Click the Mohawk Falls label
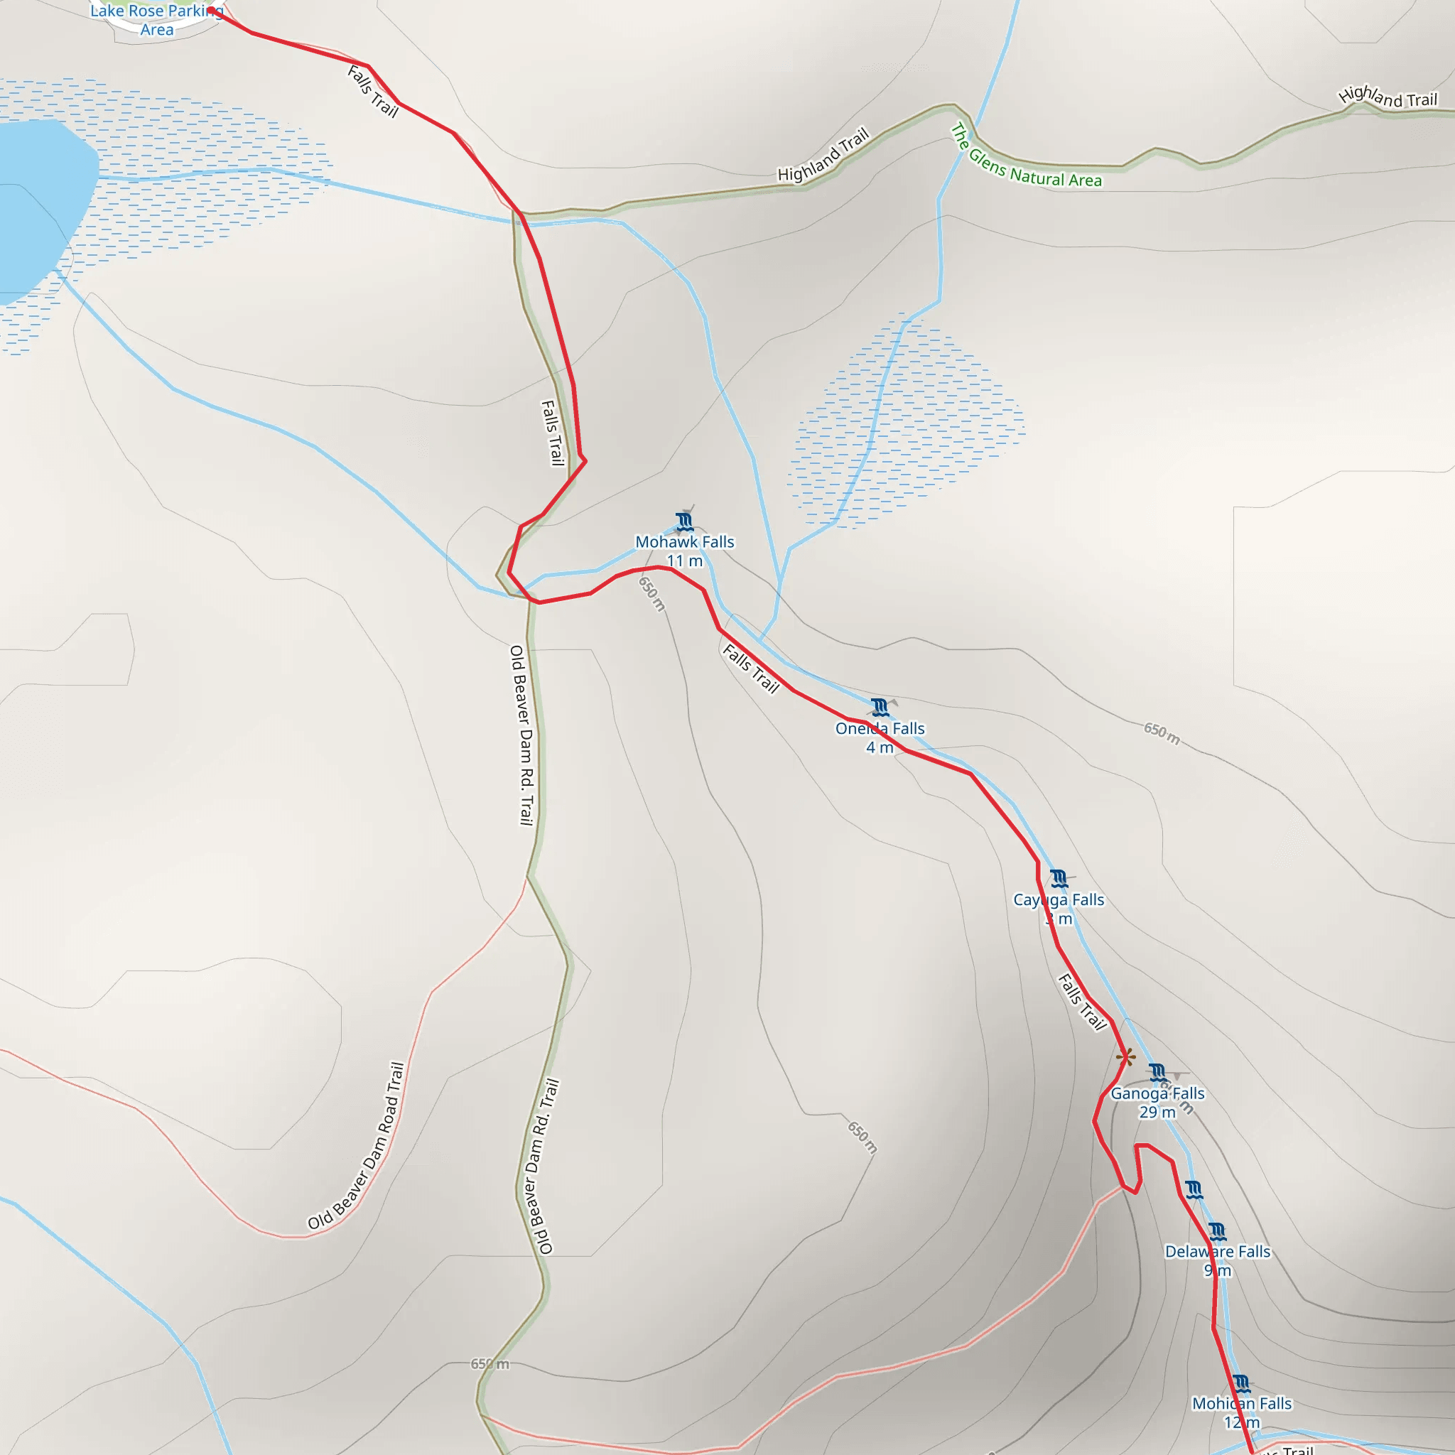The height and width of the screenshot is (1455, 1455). [x=684, y=541]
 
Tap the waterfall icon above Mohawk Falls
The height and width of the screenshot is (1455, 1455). [x=684, y=521]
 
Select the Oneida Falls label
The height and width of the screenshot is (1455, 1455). [x=880, y=728]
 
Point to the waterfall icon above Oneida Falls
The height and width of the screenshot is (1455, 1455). [x=879, y=707]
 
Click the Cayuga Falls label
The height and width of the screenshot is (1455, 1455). [x=1058, y=899]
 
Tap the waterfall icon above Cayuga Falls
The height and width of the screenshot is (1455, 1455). [x=1058, y=878]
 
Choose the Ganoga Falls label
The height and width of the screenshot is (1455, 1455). [x=1157, y=1093]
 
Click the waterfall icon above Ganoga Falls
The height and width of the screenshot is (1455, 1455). [x=1157, y=1071]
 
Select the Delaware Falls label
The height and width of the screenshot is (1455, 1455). [x=1217, y=1251]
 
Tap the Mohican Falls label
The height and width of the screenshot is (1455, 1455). [x=1241, y=1403]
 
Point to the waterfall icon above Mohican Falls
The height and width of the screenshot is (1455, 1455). [x=1241, y=1383]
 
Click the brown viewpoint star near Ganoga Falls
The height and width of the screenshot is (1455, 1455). [x=1125, y=1057]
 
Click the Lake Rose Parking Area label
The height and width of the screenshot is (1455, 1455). [x=156, y=21]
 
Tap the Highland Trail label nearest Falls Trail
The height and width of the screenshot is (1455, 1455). [x=823, y=155]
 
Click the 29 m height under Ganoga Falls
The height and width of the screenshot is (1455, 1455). [x=1157, y=1113]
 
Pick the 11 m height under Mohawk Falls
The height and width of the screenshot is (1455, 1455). [x=684, y=561]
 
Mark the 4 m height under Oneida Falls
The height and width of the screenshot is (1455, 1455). [x=879, y=747]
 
